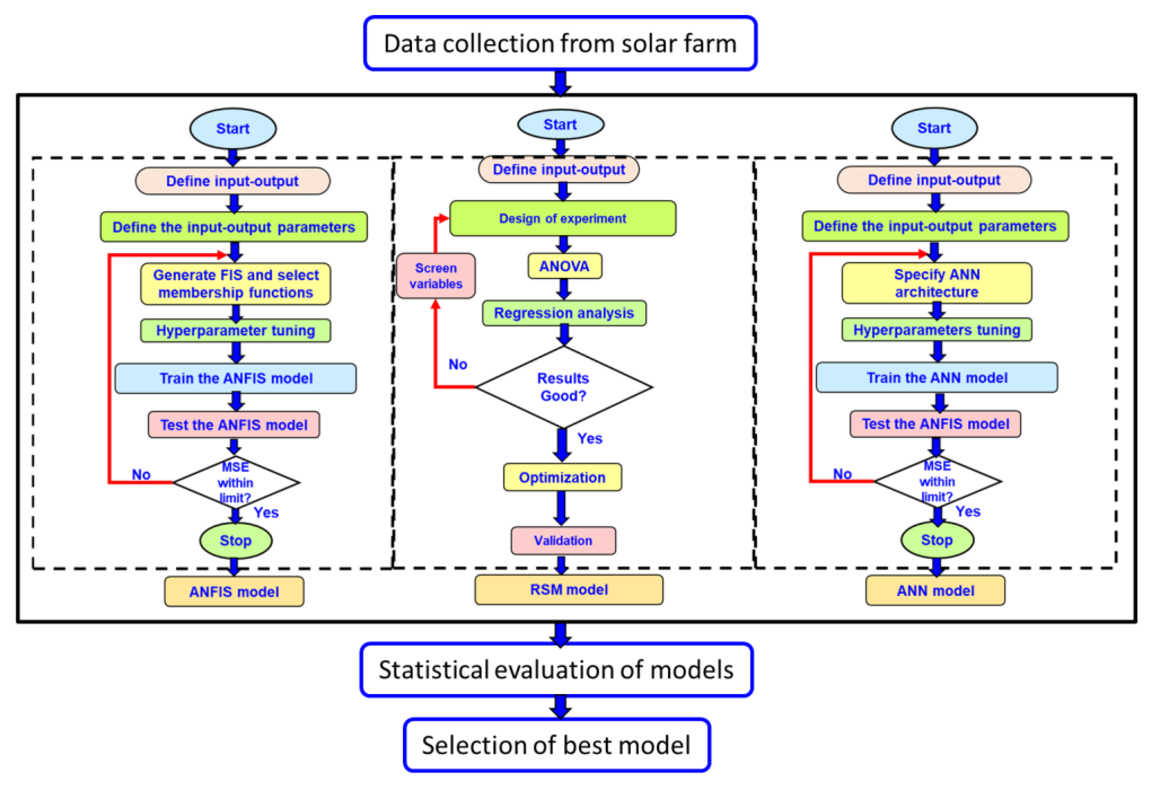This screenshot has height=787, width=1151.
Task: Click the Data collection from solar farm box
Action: coord(560,44)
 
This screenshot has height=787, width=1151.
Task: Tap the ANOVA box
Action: coord(565,266)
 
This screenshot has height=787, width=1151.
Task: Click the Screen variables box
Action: coord(436,276)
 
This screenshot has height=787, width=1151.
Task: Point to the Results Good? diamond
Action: coord(563,387)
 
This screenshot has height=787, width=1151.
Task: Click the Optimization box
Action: coord(562,477)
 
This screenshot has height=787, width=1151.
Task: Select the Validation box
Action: coord(563,540)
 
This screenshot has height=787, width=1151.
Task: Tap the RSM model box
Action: coord(569,589)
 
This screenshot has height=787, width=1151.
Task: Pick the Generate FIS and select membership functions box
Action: coord(236,284)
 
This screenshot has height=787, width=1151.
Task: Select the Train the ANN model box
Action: coord(936,378)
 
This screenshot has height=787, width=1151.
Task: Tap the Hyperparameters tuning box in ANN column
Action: coord(936,330)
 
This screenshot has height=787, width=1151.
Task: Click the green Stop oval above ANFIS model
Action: coord(236,540)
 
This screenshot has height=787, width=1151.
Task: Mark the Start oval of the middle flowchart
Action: coord(560,124)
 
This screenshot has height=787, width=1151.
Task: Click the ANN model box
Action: coord(935,590)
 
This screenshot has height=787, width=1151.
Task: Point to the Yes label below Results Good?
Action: coord(589,438)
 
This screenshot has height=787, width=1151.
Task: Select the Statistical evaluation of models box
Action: coord(556,670)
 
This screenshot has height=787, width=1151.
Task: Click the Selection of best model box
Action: coord(556,745)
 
